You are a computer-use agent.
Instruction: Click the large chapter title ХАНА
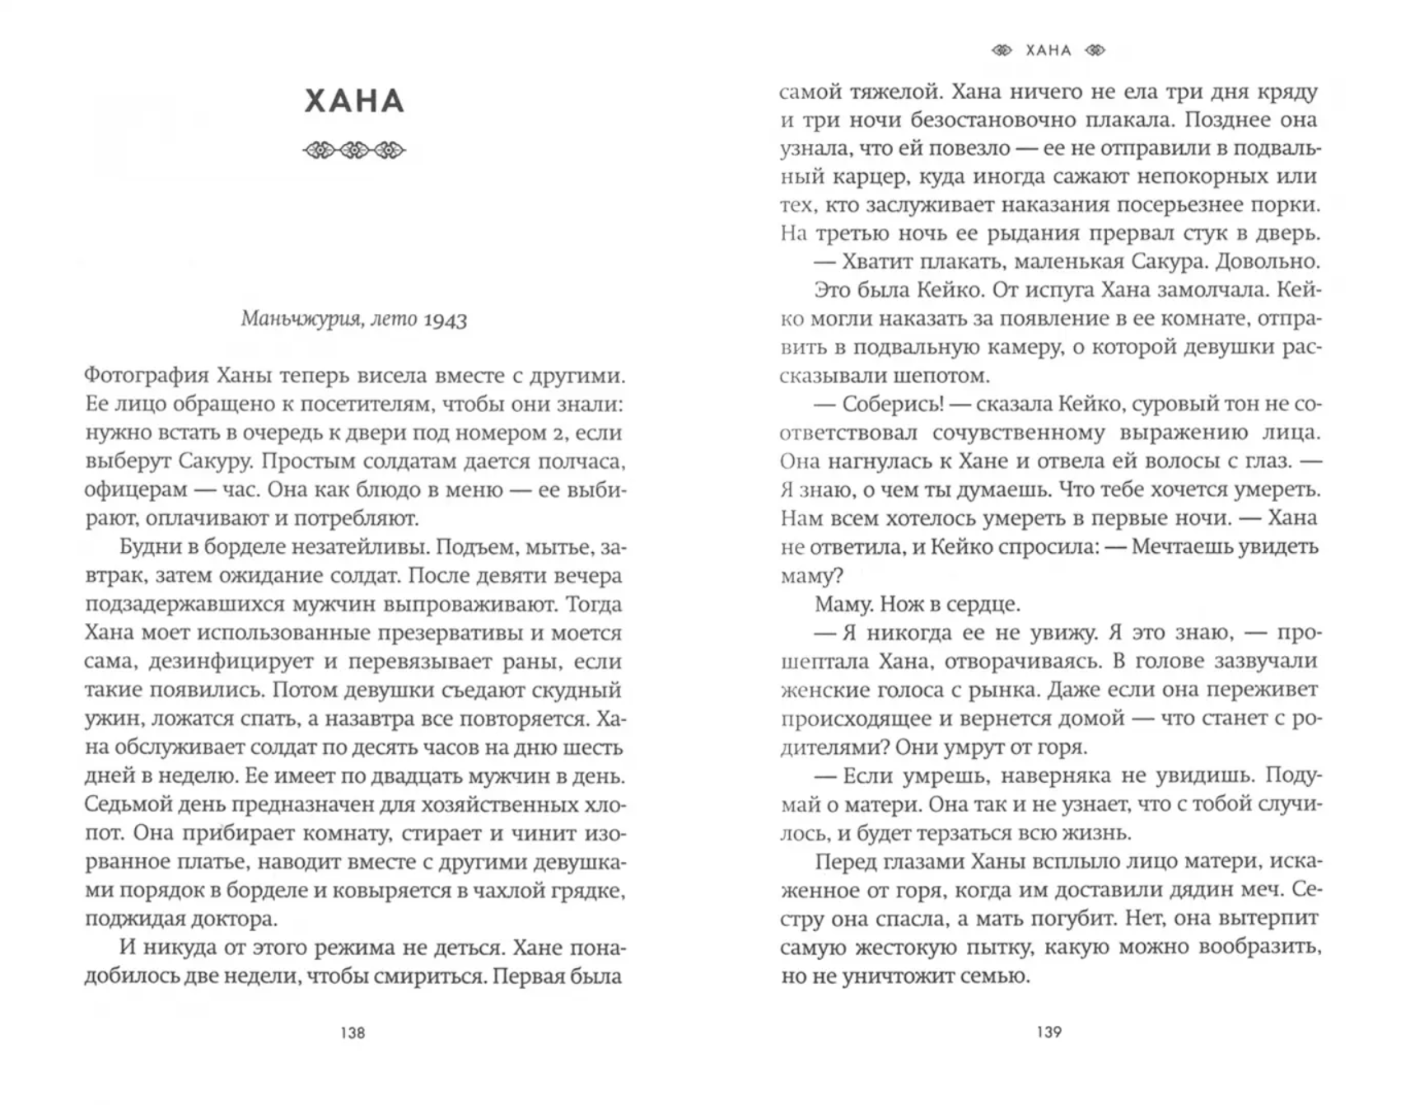click(x=354, y=101)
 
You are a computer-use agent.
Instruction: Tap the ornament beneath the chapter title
click(x=354, y=151)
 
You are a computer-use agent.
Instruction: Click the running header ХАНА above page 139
click(x=1048, y=51)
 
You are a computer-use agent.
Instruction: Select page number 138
click(x=353, y=1032)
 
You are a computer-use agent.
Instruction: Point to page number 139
click(x=1048, y=1032)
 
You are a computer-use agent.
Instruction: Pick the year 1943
click(x=445, y=320)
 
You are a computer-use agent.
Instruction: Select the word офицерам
click(x=136, y=490)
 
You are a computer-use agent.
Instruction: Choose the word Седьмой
click(x=133, y=805)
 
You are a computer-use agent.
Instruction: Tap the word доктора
click(x=226, y=920)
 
